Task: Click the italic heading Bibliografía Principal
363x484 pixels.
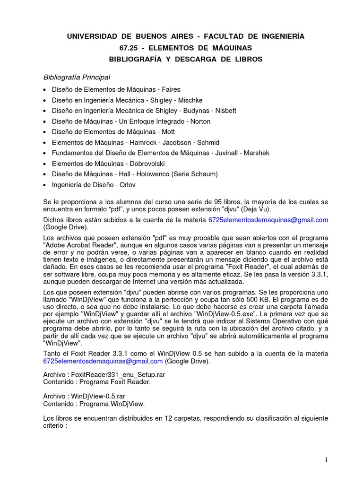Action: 77,77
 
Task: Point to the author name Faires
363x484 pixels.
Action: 171,89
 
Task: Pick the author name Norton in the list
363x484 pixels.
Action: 200,121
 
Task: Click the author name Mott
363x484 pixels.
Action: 168,132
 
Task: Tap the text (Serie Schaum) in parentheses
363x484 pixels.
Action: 194,174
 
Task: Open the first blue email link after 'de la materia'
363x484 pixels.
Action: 268,220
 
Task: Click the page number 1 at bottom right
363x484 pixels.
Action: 326,459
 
